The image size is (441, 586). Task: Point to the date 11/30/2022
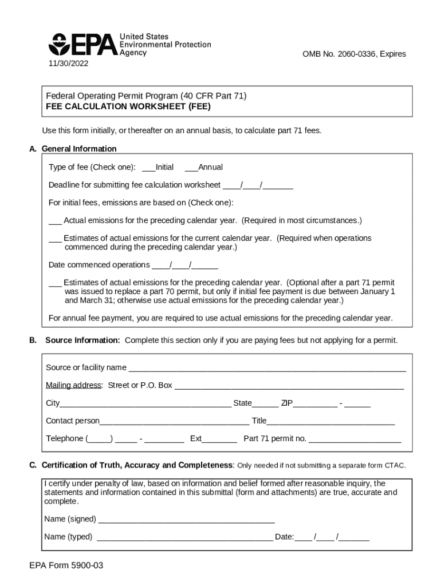click(68, 63)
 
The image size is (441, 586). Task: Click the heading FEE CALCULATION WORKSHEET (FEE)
click(128, 106)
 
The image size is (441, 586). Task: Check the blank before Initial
click(148, 168)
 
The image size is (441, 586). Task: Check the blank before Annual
click(191, 168)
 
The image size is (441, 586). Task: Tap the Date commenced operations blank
click(185, 266)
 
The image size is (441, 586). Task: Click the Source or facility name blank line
click(267, 368)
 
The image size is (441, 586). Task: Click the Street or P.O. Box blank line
click(289, 386)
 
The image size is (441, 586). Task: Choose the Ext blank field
click(219, 439)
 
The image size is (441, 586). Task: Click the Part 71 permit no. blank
click(355, 439)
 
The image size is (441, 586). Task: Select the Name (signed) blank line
click(187, 520)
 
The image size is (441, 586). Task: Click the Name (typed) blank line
click(185, 537)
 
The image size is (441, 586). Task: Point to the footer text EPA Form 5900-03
click(66, 566)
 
